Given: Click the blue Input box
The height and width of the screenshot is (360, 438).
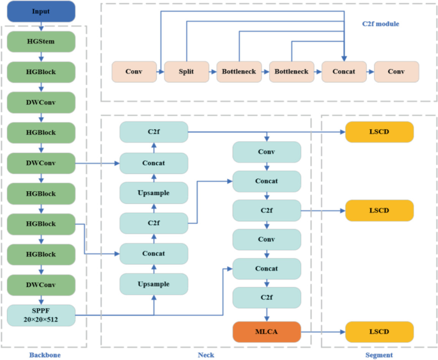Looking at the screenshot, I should tap(42, 11).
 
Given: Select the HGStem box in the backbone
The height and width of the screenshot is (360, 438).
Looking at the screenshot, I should tap(42, 42).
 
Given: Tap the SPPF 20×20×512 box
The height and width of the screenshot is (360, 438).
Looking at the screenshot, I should tap(42, 315).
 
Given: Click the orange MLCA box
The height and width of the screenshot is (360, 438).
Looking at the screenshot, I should tap(267, 331).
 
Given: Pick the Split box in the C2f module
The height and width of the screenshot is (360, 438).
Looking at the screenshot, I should tap(187, 72).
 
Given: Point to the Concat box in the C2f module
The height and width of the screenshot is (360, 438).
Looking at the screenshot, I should tap(344, 72).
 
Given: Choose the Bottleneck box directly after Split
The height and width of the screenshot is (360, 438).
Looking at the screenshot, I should tap(239, 72).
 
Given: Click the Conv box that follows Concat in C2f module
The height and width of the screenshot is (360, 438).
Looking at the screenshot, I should tap(396, 72).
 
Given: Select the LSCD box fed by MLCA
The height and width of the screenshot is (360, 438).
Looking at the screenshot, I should tap(379, 331).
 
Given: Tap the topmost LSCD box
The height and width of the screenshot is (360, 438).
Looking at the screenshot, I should tap(379, 132).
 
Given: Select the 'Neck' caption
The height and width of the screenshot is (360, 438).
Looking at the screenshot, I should tap(205, 354).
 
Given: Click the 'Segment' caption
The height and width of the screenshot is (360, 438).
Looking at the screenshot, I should tap(379, 354).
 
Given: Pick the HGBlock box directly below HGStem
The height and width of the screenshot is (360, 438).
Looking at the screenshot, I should tap(42, 72).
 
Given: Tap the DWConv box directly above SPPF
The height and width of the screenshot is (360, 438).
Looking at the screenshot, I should tap(42, 285).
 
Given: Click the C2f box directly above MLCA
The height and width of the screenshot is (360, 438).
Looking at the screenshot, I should tap(267, 297).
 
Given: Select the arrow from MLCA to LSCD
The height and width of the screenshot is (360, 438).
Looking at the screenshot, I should tap(323, 331).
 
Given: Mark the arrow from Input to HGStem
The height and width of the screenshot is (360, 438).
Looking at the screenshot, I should tap(42, 26).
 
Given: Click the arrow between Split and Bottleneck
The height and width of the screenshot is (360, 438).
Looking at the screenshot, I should tap(213, 72).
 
